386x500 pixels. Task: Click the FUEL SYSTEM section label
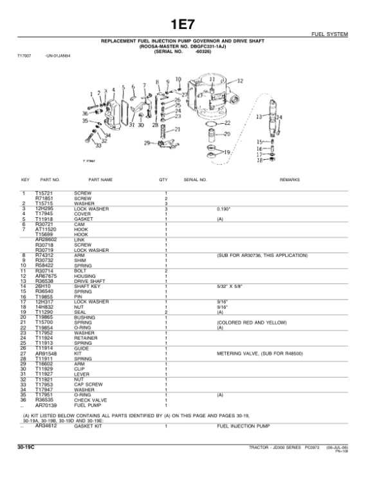347,34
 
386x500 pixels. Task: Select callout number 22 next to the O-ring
226,122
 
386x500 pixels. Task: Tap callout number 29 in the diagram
147,142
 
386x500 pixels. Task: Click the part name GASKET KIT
88,426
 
